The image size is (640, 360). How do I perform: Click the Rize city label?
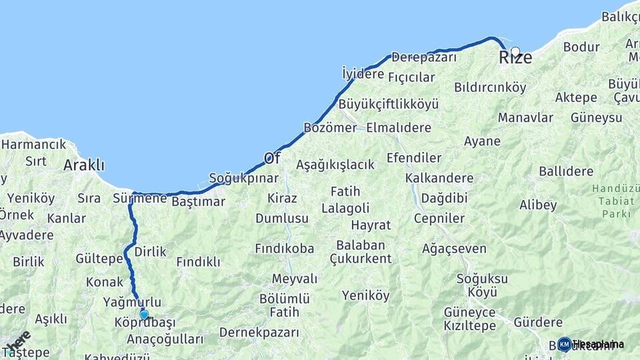pyautogui.click(x=516, y=58)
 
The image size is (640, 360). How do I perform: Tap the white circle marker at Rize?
pyautogui.click(x=515, y=51)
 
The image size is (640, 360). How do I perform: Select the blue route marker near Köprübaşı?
pyautogui.click(x=144, y=315)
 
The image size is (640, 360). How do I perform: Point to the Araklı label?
pyautogui.click(x=84, y=165)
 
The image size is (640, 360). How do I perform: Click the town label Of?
pyautogui.click(x=272, y=158)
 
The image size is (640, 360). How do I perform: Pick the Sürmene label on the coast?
pyautogui.click(x=139, y=198)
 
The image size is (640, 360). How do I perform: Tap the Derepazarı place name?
pyautogui.click(x=424, y=57)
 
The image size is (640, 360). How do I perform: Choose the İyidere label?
pyautogui.click(x=363, y=73)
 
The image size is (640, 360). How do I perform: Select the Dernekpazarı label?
pyautogui.click(x=259, y=332)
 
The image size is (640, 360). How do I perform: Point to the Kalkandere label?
pyautogui.click(x=439, y=178)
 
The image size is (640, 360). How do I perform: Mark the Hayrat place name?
pyautogui.click(x=371, y=225)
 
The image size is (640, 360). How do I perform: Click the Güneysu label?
pyautogui.click(x=596, y=117)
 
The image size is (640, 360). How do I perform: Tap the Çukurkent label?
pyautogui.click(x=361, y=259)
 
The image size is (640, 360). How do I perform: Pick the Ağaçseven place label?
pyautogui.click(x=454, y=248)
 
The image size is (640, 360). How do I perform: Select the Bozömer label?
pyautogui.click(x=330, y=127)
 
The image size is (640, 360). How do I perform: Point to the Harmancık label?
pyautogui.click(x=33, y=144)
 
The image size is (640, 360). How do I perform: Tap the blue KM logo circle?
pyautogui.click(x=564, y=344)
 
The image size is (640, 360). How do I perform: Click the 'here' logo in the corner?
pyautogui.click(x=17, y=342)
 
